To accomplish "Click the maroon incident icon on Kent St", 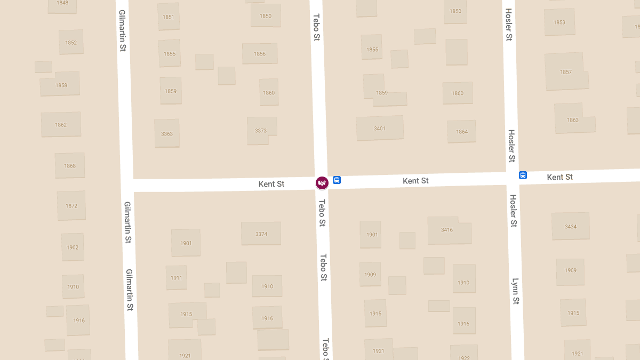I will point(322,183).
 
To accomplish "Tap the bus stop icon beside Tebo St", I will point(337,180).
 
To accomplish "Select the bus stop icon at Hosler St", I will point(523,175).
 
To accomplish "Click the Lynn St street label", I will point(515,291).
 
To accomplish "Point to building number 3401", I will point(379,129).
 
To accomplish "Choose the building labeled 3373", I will point(261,131).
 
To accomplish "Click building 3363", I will point(167,133).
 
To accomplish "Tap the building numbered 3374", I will point(261,234).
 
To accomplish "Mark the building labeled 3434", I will point(571,227).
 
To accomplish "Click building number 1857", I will point(565,72).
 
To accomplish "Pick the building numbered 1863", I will point(573,119).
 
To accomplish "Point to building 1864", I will point(462,131).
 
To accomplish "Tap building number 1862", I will point(61,125).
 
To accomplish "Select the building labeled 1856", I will point(260,54).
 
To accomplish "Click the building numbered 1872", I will point(71,206).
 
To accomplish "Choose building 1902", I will point(73,247).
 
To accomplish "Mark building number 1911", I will point(176,278).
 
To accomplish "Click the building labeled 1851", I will point(169,17).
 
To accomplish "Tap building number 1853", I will point(559,22).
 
